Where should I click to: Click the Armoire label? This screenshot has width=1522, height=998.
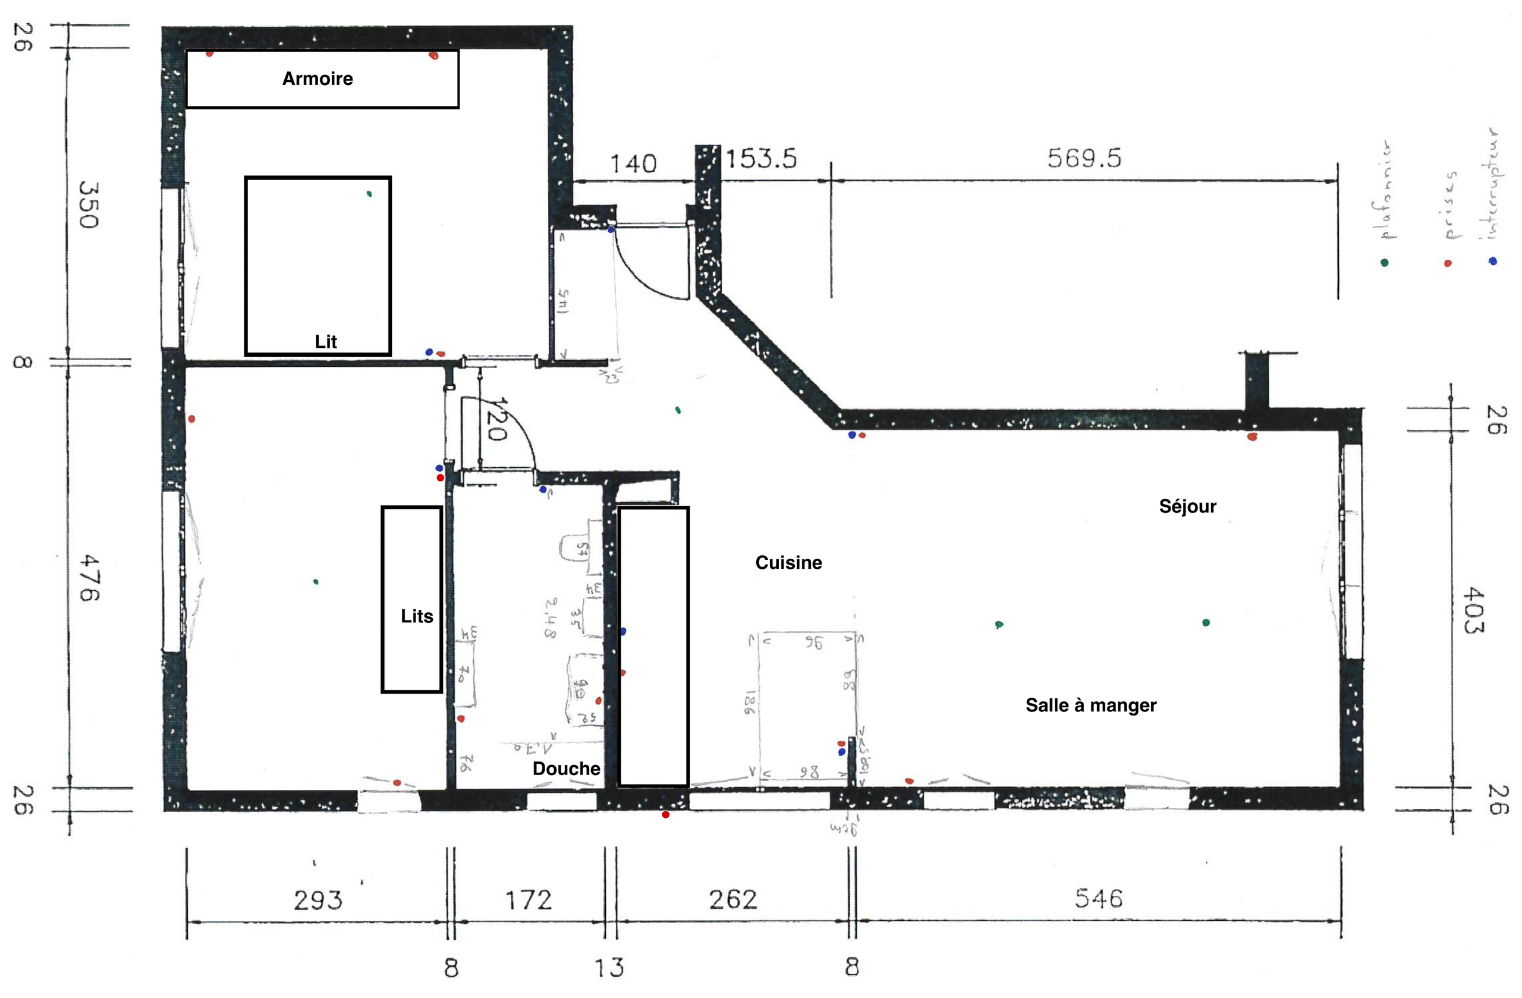click(317, 78)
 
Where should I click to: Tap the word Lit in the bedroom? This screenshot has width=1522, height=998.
click(325, 341)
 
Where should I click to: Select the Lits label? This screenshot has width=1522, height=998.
click(417, 616)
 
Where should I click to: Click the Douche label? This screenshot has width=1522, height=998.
click(566, 768)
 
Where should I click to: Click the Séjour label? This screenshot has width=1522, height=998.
click(1187, 506)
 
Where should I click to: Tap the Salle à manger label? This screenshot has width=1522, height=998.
click(1091, 704)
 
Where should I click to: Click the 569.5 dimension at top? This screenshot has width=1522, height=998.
click(1084, 158)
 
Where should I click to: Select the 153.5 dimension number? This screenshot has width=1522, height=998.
click(760, 158)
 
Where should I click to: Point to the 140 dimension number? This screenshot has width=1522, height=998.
click(633, 163)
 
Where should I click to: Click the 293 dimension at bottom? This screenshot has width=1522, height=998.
click(318, 900)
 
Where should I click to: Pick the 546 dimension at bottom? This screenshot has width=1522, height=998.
click(1098, 898)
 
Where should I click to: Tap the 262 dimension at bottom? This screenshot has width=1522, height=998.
click(733, 899)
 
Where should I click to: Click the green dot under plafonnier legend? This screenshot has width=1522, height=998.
click(1385, 262)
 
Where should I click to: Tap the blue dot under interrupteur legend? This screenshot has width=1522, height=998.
click(1493, 261)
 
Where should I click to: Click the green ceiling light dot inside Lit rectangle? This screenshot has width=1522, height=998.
click(369, 194)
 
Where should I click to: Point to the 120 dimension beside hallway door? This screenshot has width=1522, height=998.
click(496, 420)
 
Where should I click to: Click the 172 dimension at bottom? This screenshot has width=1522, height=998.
click(528, 900)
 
